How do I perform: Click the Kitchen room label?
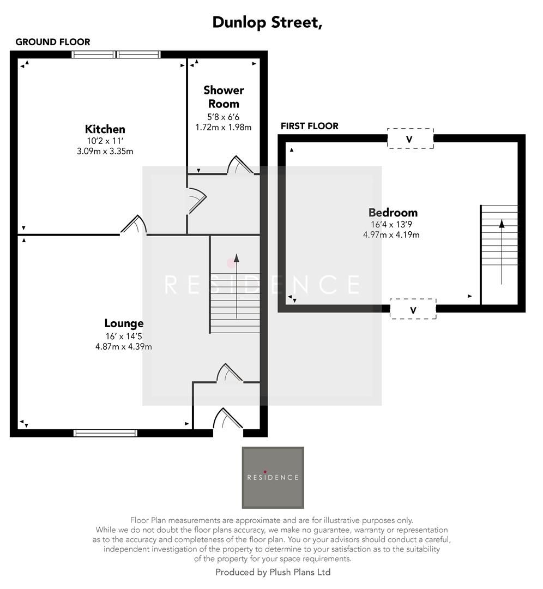105,129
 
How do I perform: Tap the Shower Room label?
224,97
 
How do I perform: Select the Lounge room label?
124,323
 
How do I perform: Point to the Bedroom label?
393,213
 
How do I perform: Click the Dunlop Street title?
267,22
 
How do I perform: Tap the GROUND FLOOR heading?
53,42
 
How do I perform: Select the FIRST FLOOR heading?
310,126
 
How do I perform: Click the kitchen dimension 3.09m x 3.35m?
105,152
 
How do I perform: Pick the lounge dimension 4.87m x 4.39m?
124,346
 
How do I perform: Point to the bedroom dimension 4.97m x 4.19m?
391,235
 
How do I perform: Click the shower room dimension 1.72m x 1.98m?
224,127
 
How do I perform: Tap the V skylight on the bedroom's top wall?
411,139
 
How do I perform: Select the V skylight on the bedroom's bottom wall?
413,309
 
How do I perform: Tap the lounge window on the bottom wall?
106,433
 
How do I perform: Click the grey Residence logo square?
273,478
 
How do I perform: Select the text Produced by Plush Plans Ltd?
273,572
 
